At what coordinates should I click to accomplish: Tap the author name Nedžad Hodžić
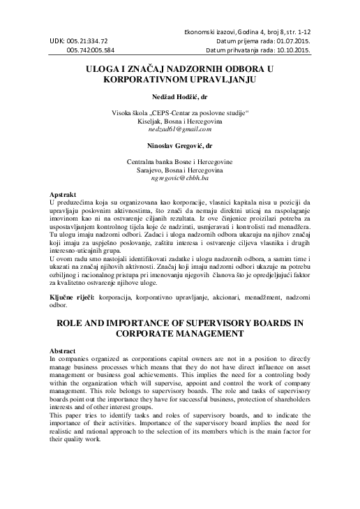pyautogui.click(x=179, y=96)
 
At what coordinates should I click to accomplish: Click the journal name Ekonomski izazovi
pyautogui.click(x=211, y=32)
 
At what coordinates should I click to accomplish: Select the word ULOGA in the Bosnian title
pyautogui.click(x=102, y=70)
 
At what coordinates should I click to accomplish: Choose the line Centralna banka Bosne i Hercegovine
pyautogui.click(x=179, y=161)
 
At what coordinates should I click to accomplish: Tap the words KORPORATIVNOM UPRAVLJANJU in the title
pyautogui.click(x=179, y=80)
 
